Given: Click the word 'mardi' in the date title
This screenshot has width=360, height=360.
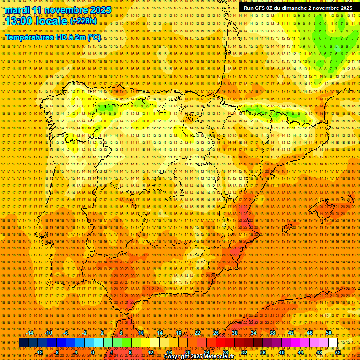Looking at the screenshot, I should [x=17, y=10].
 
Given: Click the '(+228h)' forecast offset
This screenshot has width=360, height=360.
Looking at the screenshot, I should [x=83, y=21].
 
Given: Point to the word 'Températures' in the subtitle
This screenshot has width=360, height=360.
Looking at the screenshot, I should [x=29, y=37].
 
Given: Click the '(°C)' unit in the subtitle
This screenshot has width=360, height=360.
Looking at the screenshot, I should [x=94, y=37].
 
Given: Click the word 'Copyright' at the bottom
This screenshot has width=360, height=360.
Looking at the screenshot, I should [x=178, y=357].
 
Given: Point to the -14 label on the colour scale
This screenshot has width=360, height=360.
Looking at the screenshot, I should [x=31, y=333].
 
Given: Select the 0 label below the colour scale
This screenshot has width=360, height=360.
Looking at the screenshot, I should [x=93, y=352].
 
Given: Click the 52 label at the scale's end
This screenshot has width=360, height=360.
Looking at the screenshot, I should [x=338, y=352].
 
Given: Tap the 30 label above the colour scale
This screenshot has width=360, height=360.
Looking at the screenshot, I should [x=234, y=333].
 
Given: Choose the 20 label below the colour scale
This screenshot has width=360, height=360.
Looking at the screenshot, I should [x=187, y=352].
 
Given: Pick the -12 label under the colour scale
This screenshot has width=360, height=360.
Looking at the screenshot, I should [x=39, y=352].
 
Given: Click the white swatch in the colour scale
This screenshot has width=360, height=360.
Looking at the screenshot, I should [x=333, y=343].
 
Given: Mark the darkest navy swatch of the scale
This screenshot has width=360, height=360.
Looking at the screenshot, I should [x=23, y=343].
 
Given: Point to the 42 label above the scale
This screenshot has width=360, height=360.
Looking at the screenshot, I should [x=291, y=333].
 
